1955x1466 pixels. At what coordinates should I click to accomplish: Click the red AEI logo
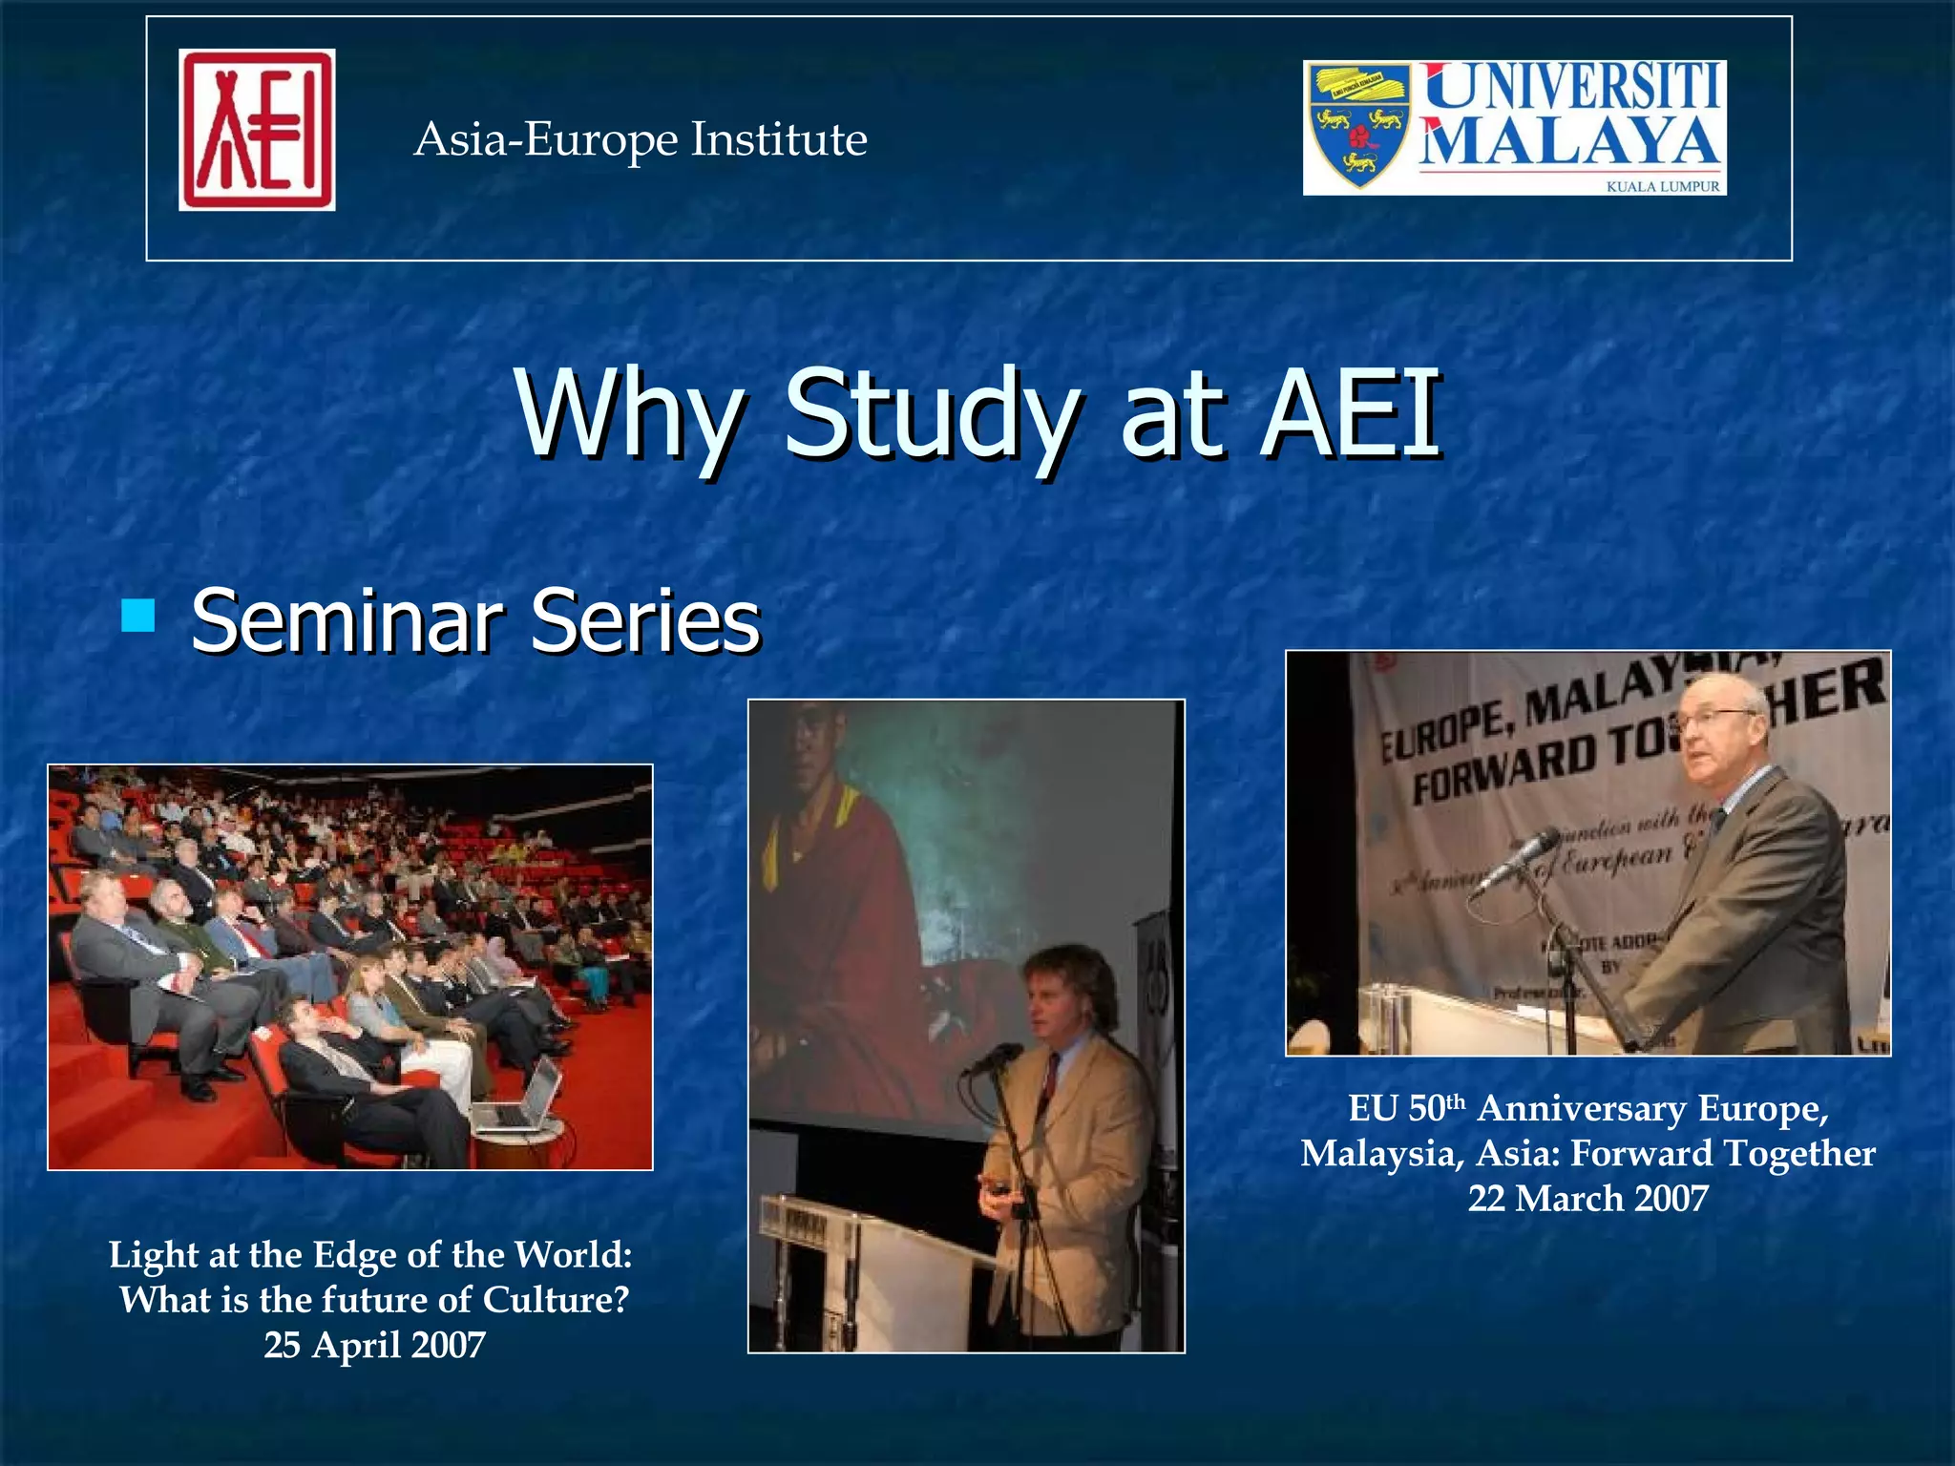tap(257, 130)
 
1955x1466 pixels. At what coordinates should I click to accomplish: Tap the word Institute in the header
tap(779, 139)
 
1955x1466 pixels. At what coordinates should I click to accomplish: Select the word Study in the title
tap(932, 416)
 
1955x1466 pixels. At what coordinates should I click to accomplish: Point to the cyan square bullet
tap(138, 616)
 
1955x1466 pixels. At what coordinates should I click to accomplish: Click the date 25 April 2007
tap(374, 1345)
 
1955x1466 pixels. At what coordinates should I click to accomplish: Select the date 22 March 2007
tap(1587, 1198)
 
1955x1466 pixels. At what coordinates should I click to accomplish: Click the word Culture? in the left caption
tap(556, 1300)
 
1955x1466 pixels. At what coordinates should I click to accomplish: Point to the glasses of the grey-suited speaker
tap(1714, 717)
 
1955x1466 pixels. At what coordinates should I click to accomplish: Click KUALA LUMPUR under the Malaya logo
tap(1662, 187)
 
